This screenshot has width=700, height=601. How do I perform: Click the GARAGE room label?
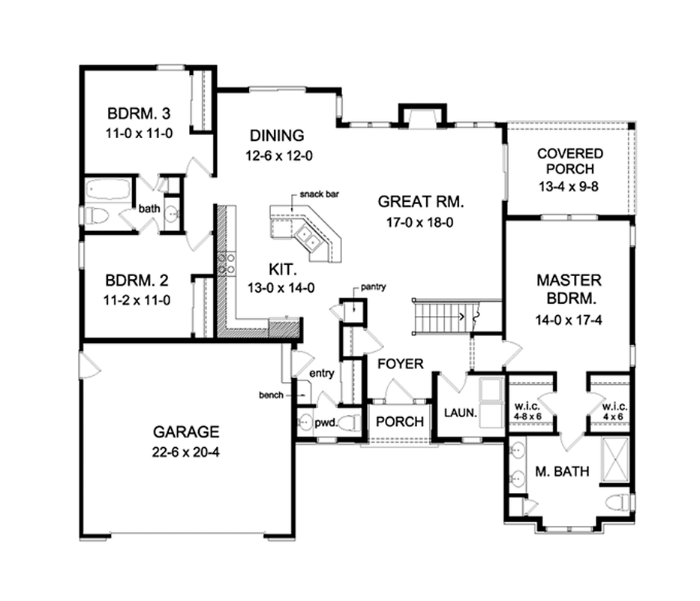pyautogui.click(x=186, y=431)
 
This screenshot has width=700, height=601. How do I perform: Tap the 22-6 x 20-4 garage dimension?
pyautogui.click(x=186, y=452)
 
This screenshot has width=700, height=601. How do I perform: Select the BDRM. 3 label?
pyautogui.click(x=139, y=113)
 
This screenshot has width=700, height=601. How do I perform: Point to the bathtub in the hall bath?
pyautogui.click(x=108, y=189)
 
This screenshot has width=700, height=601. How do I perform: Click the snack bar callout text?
pyautogui.click(x=319, y=194)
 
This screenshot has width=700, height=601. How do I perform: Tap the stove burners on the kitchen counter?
pyautogui.click(x=227, y=263)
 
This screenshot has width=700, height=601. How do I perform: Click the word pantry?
pyautogui.click(x=373, y=287)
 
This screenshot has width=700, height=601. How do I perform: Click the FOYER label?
pyautogui.click(x=401, y=364)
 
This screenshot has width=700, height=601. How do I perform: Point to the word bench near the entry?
pyautogui.click(x=271, y=395)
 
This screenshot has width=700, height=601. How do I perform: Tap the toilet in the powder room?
pyautogui.click(x=350, y=422)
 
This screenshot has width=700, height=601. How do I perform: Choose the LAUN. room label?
pyautogui.click(x=461, y=413)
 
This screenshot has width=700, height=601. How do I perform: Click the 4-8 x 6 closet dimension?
pyautogui.click(x=527, y=416)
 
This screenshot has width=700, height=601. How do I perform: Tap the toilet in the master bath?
pyautogui.click(x=618, y=502)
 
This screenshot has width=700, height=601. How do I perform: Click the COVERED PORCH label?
pyautogui.click(x=570, y=161)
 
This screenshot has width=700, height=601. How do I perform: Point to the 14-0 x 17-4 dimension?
pyautogui.click(x=569, y=320)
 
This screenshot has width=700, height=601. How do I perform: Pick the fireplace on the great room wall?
pyautogui.click(x=422, y=117)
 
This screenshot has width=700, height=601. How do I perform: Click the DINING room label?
pyautogui.click(x=277, y=135)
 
